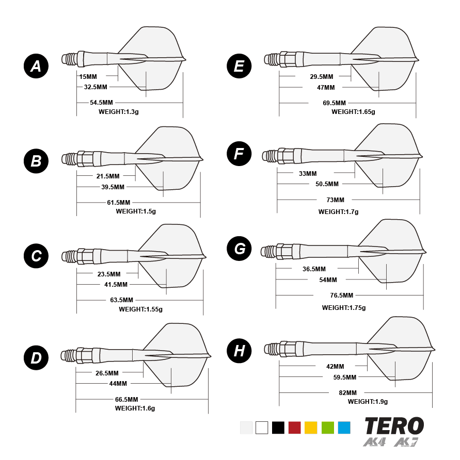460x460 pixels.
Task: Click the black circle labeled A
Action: coord(36,66)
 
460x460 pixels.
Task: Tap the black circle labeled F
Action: coord(239,154)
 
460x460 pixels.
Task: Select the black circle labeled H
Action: coord(239,351)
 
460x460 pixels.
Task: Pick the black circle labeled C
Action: coord(36,256)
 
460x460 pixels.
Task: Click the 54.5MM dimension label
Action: coord(101,103)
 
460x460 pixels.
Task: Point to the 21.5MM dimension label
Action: coord(108,176)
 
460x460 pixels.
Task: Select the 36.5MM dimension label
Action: coord(314,269)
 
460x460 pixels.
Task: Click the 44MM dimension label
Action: coord(118,384)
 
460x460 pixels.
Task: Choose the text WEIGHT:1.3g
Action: coord(119,111)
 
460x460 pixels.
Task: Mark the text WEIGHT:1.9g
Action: coord(368,401)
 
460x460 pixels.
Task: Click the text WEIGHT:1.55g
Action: coord(140,309)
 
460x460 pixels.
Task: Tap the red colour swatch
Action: coord(294,428)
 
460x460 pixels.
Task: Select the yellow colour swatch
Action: coord(311,428)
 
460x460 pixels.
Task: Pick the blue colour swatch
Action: coord(344,428)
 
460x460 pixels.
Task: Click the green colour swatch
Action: coord(327,428)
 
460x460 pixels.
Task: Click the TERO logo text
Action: coord(394,426)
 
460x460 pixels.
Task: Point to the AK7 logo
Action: coord(406,442)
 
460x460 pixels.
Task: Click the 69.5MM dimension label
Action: coord(335,103)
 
